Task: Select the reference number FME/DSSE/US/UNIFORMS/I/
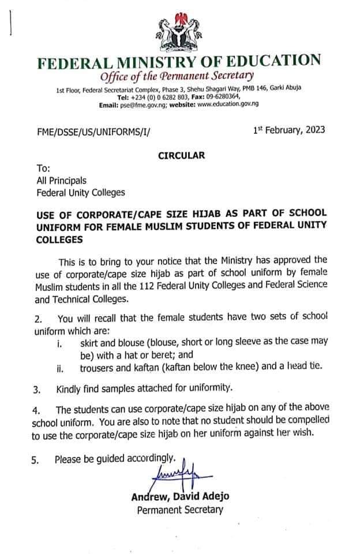[x=93, y=132]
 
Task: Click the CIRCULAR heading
[x=181, y=155]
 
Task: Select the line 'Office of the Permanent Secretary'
[x=176, y=76]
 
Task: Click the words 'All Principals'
[x=62, y=180]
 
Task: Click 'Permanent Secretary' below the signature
[x=179, y=510]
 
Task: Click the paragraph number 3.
[x=36, y=390]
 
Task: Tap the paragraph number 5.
[x=36, y=461]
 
